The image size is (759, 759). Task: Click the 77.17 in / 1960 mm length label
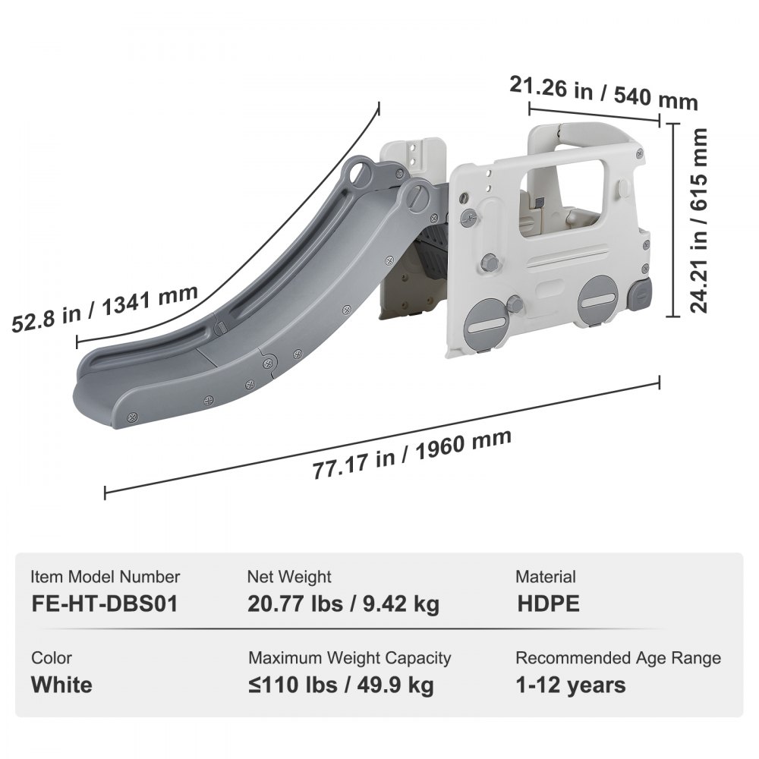[412, 455]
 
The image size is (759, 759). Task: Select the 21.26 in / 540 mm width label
[603, 93]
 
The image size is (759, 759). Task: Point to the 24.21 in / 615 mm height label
[699, 220]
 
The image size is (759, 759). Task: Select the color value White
[61, 685]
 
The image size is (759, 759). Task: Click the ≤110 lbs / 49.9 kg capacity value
[341, 685]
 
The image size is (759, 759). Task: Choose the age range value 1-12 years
[571, 685]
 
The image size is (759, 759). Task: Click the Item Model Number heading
[106, 577]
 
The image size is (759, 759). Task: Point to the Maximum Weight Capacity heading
[349, 658]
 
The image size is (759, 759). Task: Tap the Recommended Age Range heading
[618, 658]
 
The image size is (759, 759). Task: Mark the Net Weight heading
[289, 577]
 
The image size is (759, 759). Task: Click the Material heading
[545, 577]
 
